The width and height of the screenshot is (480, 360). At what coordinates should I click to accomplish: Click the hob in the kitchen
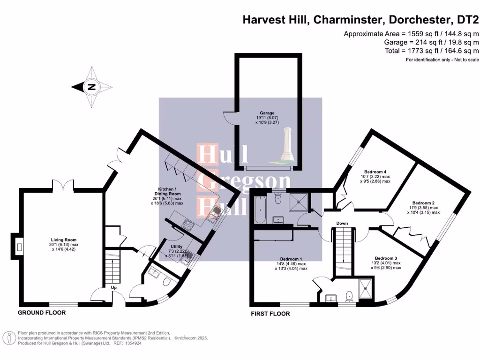187,225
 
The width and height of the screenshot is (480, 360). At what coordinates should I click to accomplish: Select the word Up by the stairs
113,287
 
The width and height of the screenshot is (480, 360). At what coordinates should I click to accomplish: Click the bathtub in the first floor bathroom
259,210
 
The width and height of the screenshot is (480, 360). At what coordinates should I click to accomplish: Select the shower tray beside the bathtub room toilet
296,204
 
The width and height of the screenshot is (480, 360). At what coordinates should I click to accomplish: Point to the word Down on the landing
342,224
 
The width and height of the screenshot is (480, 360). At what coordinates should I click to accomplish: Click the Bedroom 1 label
291,258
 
